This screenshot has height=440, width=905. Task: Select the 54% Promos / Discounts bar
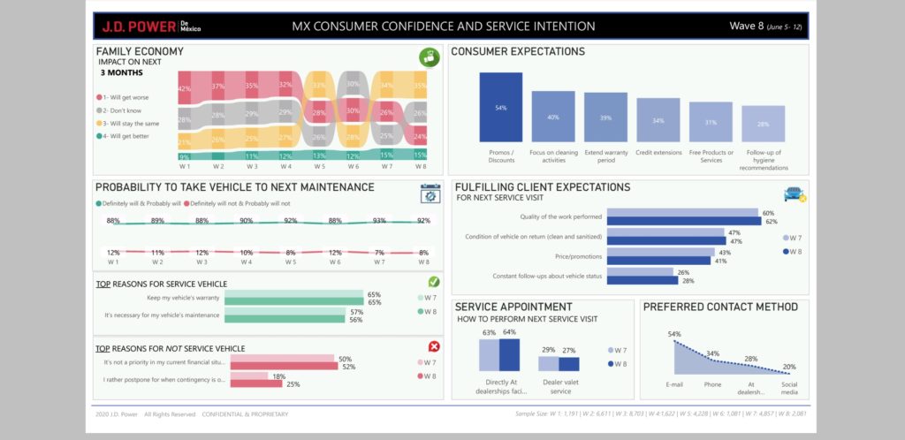[501, 107]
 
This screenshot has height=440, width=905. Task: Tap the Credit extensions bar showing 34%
[658, 120]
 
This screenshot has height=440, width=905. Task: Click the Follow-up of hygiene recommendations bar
[763, 124]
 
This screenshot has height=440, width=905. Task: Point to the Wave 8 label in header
[748, 26]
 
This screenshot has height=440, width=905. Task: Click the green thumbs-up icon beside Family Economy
[430, 58]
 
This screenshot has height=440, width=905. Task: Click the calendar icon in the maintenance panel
[430, 193]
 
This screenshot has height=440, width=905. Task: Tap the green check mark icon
[433, 282]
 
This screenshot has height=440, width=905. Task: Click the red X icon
[433, 347]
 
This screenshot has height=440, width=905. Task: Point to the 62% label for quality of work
[769, 222]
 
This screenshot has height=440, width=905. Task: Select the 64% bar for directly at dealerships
[509, 354]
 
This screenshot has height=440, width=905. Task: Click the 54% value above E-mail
[673, 334]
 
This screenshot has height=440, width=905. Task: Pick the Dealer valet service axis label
[559, 386]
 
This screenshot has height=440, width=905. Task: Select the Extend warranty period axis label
[605, 157]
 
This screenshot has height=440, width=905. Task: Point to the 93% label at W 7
[379, 221]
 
